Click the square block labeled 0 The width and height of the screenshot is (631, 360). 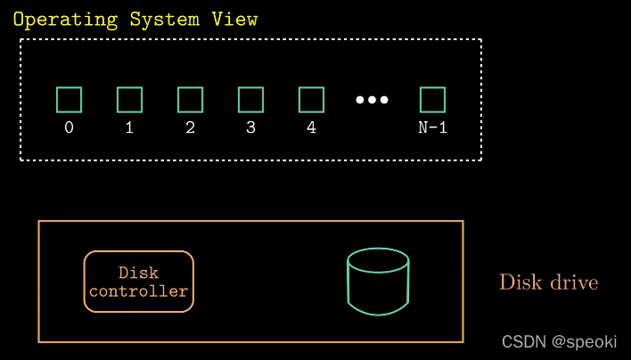coord(70,100)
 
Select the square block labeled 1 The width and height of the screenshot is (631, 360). coord(130,100)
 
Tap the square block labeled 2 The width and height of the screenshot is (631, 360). coord(191,100)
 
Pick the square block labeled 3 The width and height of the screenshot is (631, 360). coord(251,100)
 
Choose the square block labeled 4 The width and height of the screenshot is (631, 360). coord(311,100)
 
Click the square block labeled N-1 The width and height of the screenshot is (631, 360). coord(433,100)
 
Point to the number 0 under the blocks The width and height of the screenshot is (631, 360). coord(70,127)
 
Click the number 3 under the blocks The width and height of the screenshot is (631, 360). coord(251,127)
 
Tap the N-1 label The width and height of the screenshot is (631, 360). coord(433,127)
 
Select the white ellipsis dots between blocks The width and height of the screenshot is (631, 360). coord(373,100)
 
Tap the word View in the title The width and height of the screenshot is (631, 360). coord(236,20)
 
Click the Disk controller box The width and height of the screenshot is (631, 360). coord(139,282)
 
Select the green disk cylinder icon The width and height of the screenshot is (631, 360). coord(378,282)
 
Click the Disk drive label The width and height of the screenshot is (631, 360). coord(548,282)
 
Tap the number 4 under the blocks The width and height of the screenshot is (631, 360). coord(311,127)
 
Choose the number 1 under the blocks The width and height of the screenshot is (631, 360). coord(130,127)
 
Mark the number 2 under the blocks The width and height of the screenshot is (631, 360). coord(191,127)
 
